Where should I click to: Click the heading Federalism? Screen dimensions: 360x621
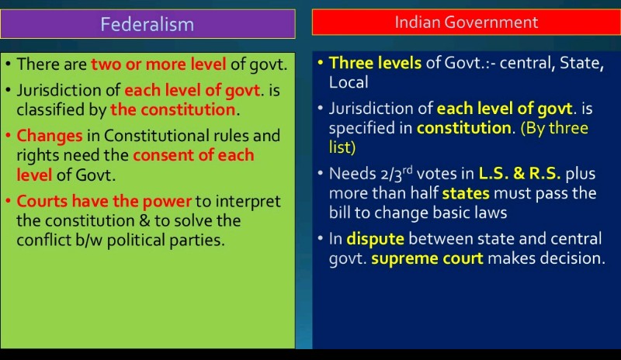point(147,24)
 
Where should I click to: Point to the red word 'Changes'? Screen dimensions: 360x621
point(50,136)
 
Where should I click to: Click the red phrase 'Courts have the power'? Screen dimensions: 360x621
point(104,201)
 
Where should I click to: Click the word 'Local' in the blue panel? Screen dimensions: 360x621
point(349,82)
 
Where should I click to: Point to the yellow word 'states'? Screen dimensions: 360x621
point(465,193)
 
